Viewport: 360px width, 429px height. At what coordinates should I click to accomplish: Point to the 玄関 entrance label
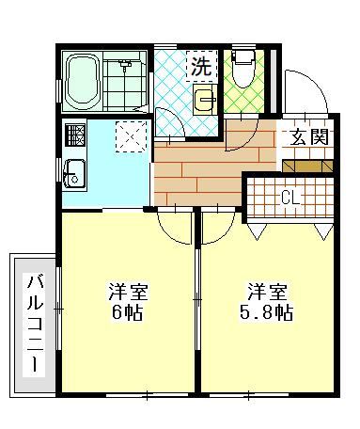pyautogui.click(x=308, y=135)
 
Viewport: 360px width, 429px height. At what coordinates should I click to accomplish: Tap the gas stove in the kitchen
pyautogui.click(x=75, y=135)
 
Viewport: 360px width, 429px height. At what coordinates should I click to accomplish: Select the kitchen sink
pyautogui.click(x=74, y=173)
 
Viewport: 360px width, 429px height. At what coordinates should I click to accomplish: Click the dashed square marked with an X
pyautogui.click(x=131, y=137)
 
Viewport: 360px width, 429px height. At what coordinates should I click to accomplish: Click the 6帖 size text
pyautogui.click(x=125, y=312)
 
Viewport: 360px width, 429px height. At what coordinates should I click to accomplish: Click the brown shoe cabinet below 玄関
pyautogui.click(x=307, y=163)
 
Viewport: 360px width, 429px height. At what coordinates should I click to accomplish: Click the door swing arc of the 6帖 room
pyautogui.click(x=173, y=224)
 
